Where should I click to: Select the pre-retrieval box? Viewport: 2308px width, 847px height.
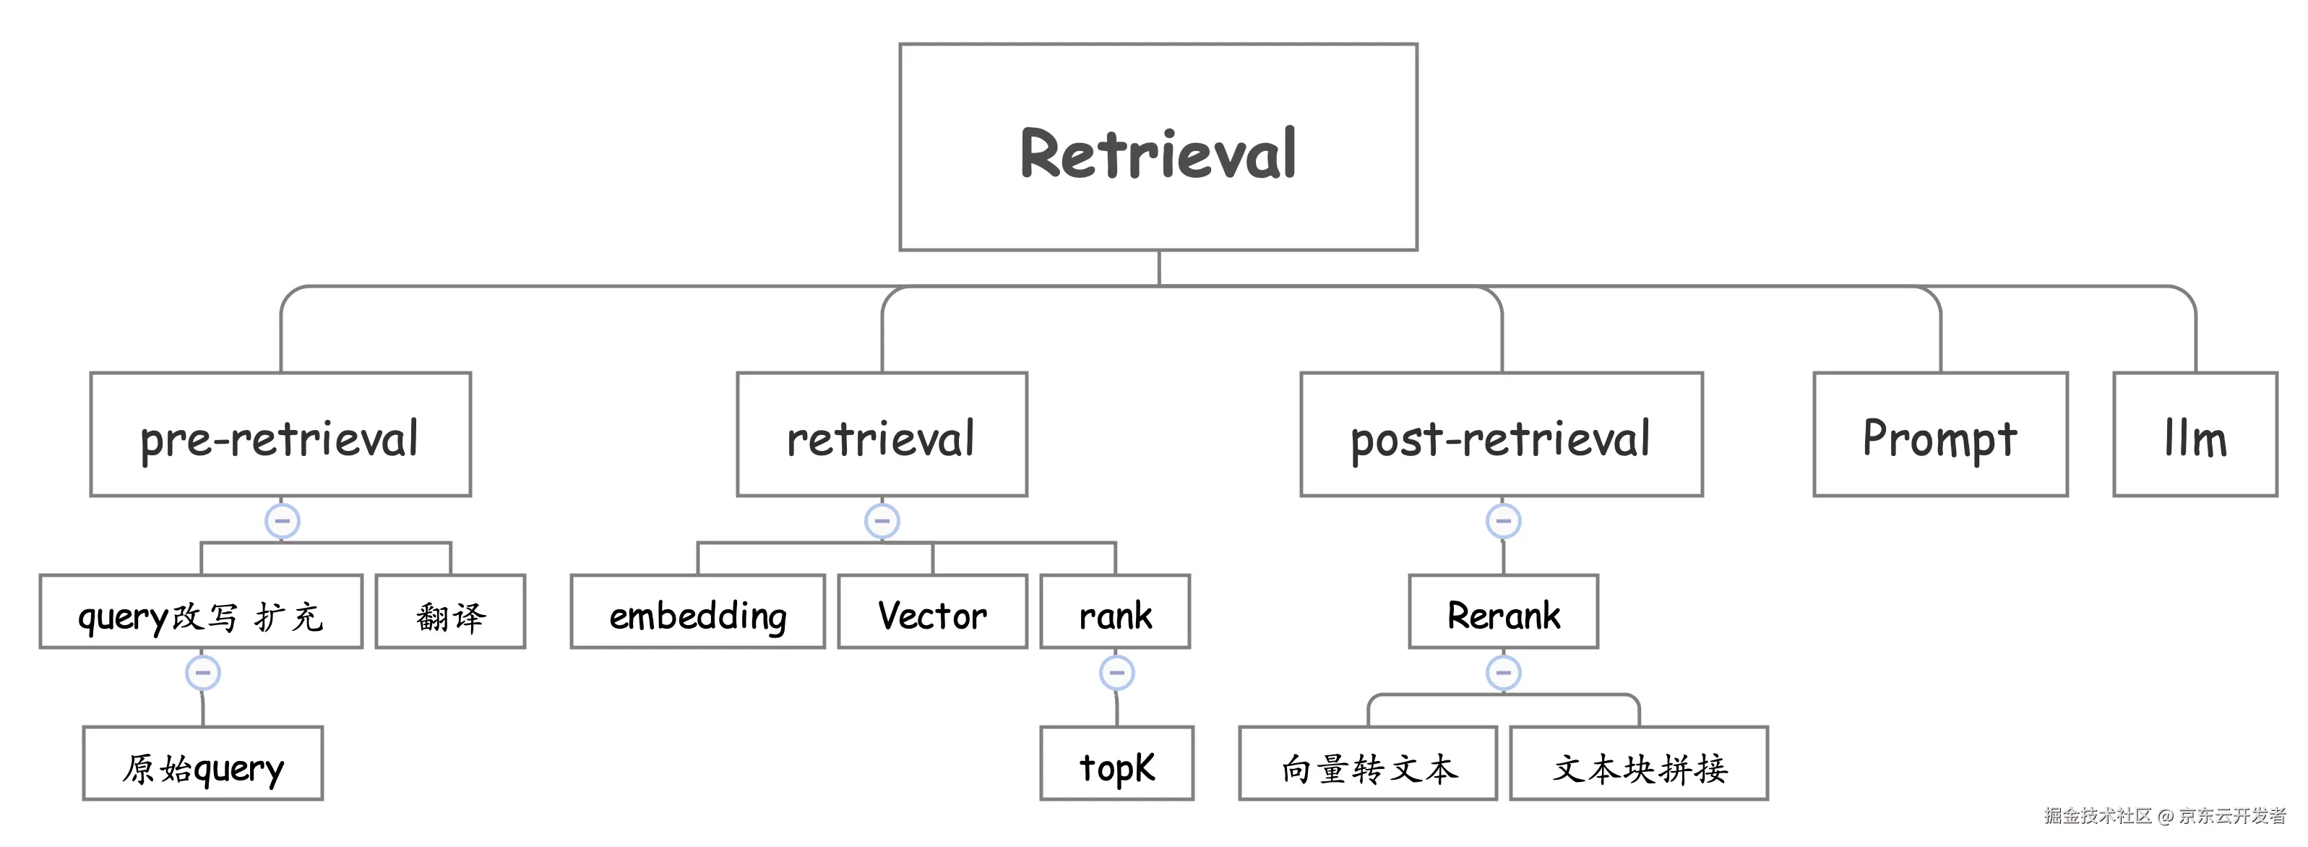pos(280,435)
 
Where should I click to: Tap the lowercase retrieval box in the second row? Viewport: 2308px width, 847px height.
pos(882,435)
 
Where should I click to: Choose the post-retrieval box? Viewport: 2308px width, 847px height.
pos(1501,435)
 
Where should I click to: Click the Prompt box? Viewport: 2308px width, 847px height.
pos(1939,435)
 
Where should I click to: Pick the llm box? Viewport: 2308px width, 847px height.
pos(2195,435)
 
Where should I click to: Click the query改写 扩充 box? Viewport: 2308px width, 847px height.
pos(201,612)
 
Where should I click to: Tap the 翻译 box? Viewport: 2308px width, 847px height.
pos(449,612)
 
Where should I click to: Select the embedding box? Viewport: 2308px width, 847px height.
pos(697,612)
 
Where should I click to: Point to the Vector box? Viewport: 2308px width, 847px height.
pos(932,612)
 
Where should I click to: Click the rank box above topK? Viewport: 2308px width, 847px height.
pos(1114,612)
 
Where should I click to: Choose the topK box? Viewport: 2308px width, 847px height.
pos(1116,764)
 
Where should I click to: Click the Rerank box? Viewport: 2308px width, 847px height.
pos(1502,612)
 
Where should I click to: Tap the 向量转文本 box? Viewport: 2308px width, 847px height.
pos(1367,764)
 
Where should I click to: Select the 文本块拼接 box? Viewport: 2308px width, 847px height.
pos(1639,764)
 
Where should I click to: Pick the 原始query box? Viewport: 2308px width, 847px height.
pos(202,764)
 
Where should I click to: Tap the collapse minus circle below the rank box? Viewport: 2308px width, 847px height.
pos(1116,672)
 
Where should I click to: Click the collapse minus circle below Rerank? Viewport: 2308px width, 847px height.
pos(1502,672)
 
